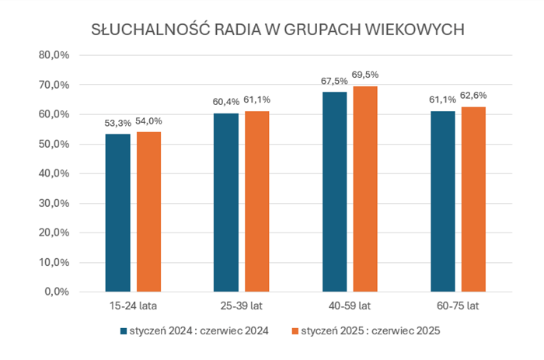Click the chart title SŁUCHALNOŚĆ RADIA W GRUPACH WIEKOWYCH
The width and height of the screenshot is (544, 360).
[278, 30]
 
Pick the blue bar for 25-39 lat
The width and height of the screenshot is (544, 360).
[226, 202]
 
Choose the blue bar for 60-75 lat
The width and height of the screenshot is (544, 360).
[442, 201]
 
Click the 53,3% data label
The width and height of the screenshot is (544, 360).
[118, 122]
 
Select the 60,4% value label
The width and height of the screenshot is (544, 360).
[226, 101]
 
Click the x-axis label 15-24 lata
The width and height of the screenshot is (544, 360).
[134, 305]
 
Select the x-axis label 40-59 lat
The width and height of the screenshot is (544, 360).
[350, 305]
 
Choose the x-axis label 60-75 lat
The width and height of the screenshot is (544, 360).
[458, 305]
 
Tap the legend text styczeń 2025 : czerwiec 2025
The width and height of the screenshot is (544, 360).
[371, 330]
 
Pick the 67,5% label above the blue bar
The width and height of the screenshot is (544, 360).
[334, 80]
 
